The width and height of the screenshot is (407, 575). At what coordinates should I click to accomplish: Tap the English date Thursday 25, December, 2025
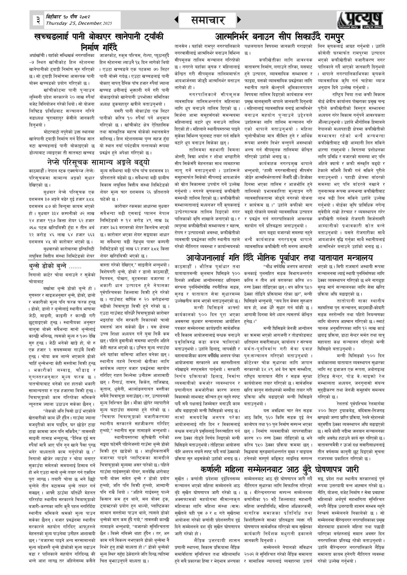pyautogui.click(x=79, y=24)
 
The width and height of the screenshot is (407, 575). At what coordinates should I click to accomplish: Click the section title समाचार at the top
pyautogui.click(x=208, y=20)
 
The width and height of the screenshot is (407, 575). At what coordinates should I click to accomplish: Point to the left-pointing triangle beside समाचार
pyautogui.click(x=176, y=20)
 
